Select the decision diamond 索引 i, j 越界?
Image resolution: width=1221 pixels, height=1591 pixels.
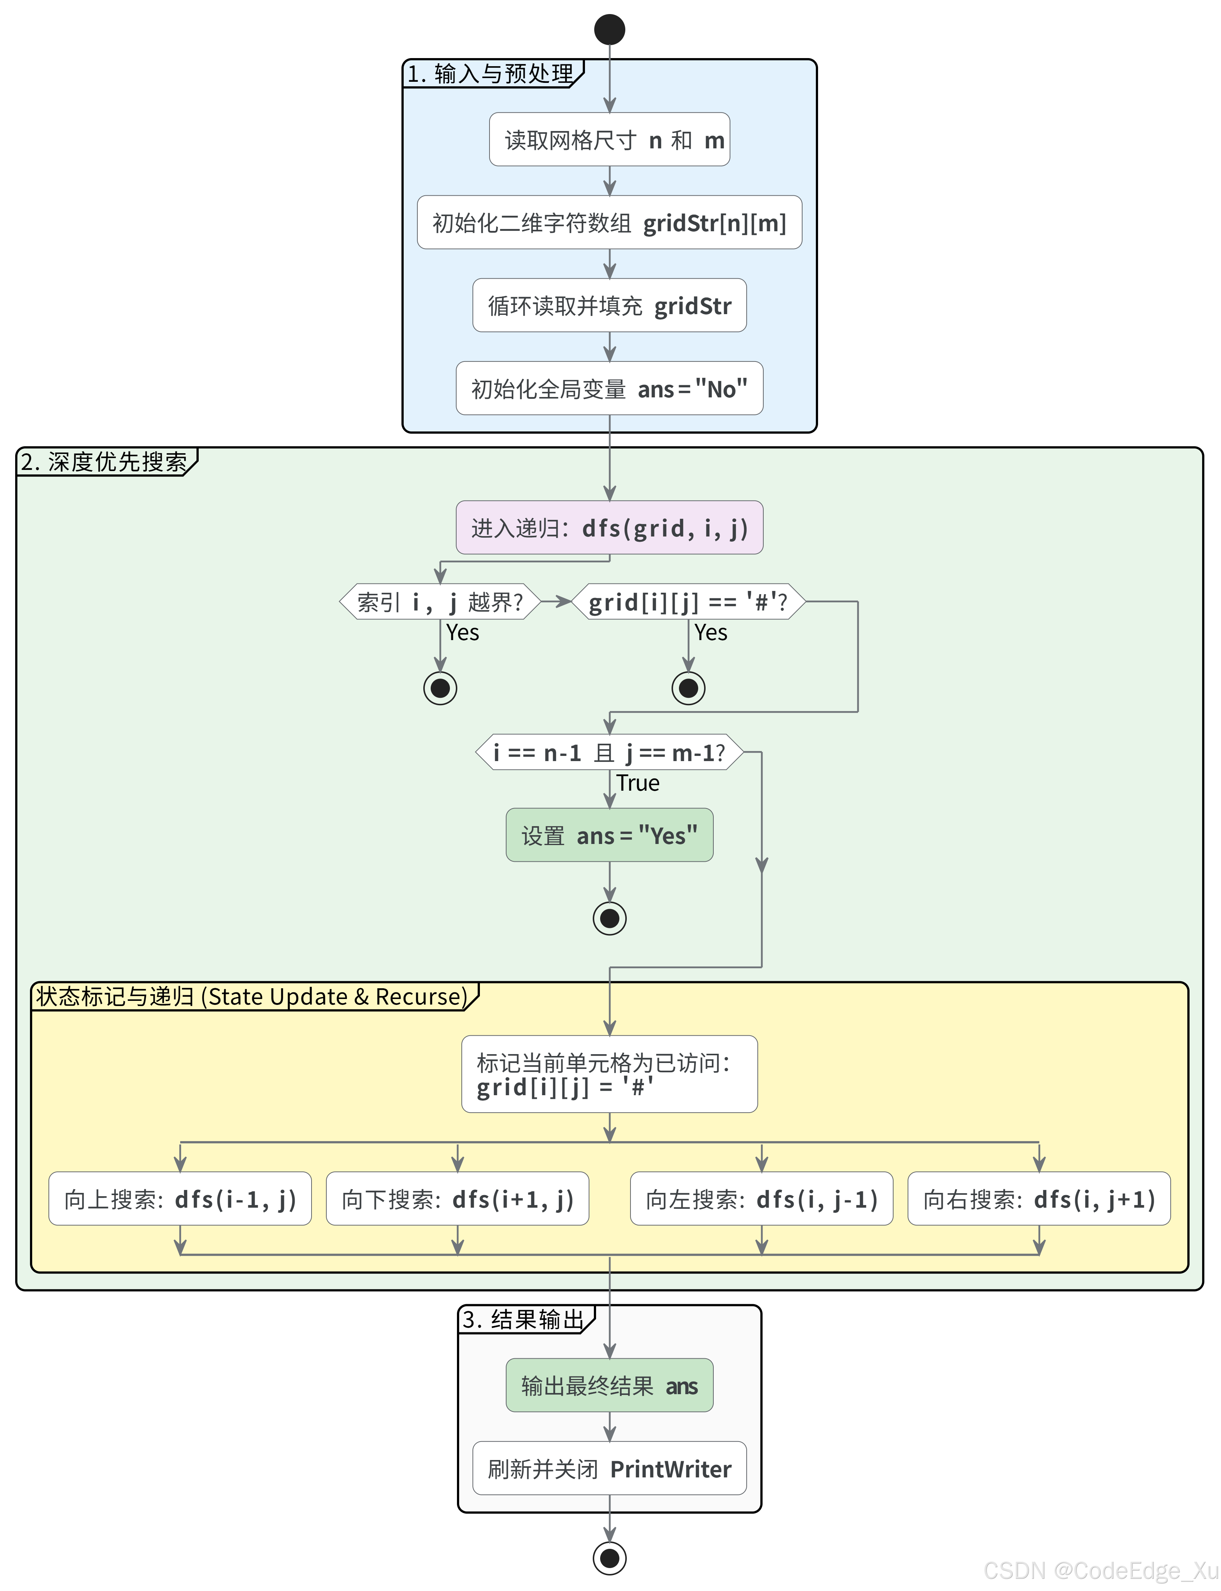pos(440,602)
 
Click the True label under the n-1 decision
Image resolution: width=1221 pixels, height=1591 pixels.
pos(638,783)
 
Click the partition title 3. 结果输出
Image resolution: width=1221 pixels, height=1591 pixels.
pos(523,1319)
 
